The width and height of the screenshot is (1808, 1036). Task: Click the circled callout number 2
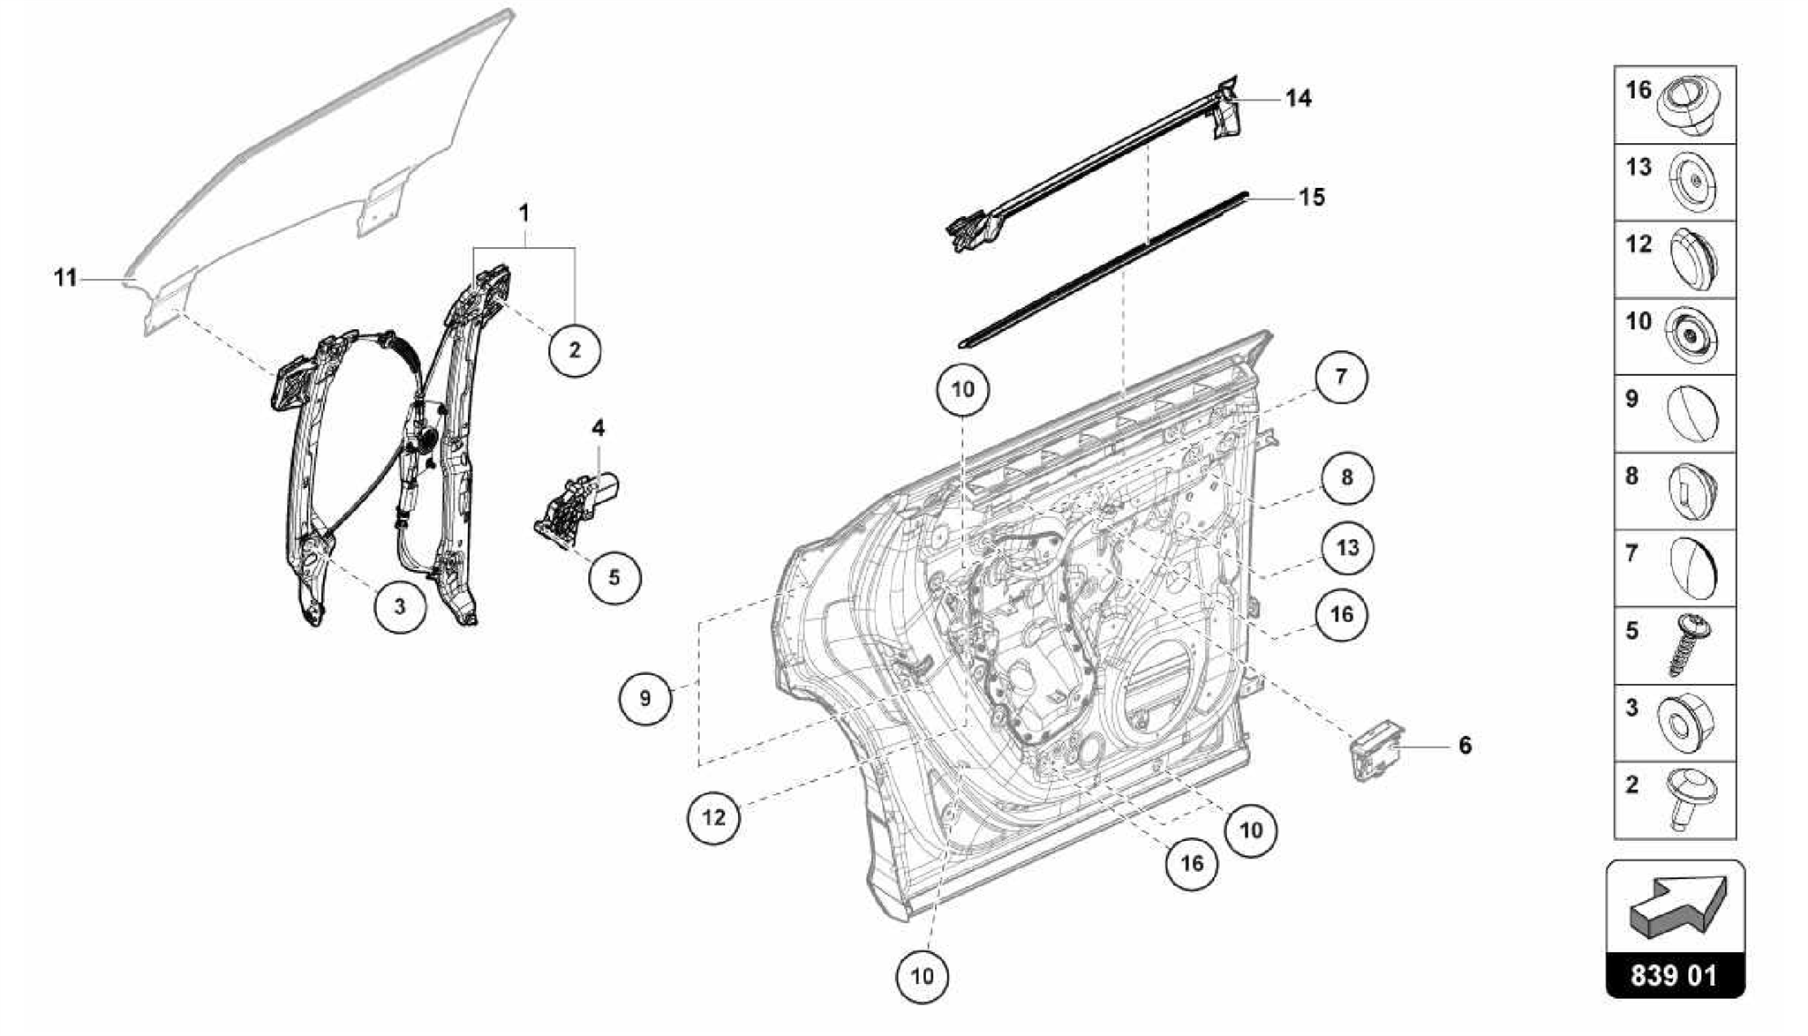point(575,350)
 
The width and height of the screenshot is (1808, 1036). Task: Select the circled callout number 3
point(400,607)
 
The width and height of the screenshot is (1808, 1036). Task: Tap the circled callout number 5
point(614,578)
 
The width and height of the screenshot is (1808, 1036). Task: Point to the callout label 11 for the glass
point(66,279)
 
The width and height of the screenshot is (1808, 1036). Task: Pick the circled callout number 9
point(645,699)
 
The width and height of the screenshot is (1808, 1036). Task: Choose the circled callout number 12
point(713,817)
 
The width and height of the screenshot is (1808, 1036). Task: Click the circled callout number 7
point(1341,377)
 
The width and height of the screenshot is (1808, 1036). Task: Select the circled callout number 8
point(1346,477)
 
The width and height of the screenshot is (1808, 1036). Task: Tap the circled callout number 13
point(1347,548)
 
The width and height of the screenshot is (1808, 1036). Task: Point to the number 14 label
point(1298,99)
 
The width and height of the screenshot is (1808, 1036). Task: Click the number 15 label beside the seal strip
point(1312,198)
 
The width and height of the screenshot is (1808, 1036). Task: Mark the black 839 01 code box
point(1675,976)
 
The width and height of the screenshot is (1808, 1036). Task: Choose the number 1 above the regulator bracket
point(524,214)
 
